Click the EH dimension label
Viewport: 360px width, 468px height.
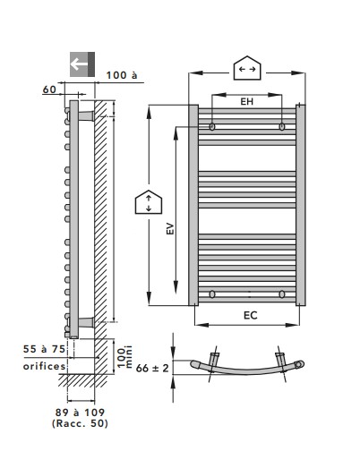247,102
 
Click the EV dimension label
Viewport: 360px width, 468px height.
170,228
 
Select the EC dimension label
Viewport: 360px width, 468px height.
251,316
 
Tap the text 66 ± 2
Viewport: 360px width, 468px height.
152,369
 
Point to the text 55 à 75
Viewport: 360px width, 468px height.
44,349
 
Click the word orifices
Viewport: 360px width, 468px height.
44,366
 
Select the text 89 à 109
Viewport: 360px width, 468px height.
80,413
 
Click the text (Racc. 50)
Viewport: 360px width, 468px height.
80,423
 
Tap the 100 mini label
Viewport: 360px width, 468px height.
124,357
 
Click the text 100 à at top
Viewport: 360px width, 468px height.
122,75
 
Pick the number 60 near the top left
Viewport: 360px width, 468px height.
49,89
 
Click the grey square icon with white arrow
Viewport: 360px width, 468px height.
82,64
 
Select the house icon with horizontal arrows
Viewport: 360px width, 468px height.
247,68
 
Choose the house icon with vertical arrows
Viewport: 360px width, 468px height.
149,202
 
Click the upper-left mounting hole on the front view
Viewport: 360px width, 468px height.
212,126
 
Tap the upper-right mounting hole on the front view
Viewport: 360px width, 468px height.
282,126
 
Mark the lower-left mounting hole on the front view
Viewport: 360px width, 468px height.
212,294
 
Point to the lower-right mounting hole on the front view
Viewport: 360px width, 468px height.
282,294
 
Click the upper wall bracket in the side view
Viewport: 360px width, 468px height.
86,116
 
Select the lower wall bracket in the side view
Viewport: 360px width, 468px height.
86,322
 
